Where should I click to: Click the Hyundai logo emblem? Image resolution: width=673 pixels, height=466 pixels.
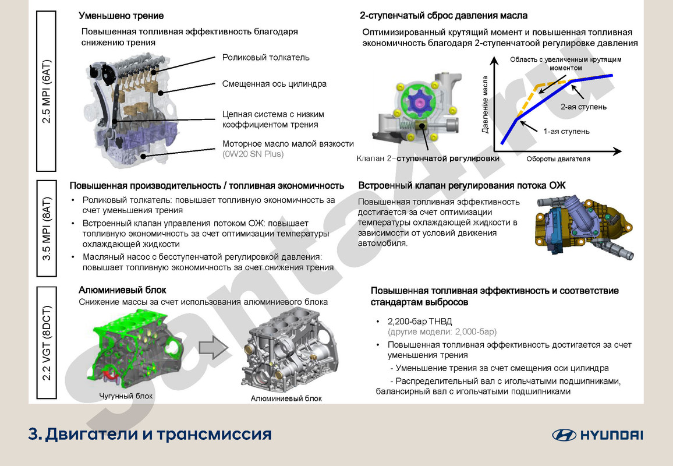(x=564, y=435)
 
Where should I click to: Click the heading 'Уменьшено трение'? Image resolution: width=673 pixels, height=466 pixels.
(x=121, y=16)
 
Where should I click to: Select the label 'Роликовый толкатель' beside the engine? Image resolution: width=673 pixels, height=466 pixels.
(x=265, y=57)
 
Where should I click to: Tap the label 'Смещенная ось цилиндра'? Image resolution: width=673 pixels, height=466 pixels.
(x=274, y=84)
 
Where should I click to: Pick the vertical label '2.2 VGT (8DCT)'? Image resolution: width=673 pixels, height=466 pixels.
(x=47, y=343)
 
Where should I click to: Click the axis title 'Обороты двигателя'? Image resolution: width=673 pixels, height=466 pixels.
(x=558, y=158)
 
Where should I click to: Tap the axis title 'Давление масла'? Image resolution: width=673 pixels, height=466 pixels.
(x=484, y=105)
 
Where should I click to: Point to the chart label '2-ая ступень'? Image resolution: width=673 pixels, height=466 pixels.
(x=583, y=107)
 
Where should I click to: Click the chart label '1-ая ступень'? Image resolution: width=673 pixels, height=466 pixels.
(x=566, y=131)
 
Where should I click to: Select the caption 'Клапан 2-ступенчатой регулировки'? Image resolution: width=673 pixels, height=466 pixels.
(x=428, y=158)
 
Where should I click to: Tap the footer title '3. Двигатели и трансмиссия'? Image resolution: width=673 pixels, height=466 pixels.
(x=150, y=434)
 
